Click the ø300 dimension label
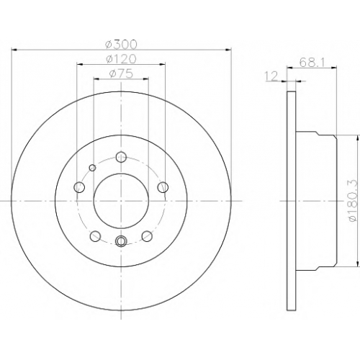pyautogui.click(x=121, y=45)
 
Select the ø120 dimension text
pyautogui.click(x=121, y=59)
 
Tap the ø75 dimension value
pyautogui.click(x=121, y=73)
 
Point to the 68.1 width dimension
pyautogui.click(x=312, y=63)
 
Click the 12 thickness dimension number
pyautogui.click(x=271, y=76)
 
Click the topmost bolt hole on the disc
pyautogui.click(x=121, y=157)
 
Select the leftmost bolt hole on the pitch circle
pyautogui.click(x=79, y=187)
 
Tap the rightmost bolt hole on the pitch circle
pyautogui.click(x=163, y=187)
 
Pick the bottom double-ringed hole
pyautogui.click(x=121, y=240)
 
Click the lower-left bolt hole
pyautogui.click(x=95, y=236)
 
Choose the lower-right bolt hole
pyautogui.click(x=147, y=236)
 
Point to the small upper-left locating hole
pyautogui.click(x=92, y=168)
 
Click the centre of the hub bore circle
pyautogui.click(x=121, y=201)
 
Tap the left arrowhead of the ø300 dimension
pyautogui.click(x=14, y=50)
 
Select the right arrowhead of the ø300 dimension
pyautogui.click(x=228, y=50)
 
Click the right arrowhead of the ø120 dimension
pyautogui.click(x=163, y=64)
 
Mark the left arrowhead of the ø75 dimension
pyautogui.click(x=96, y=78)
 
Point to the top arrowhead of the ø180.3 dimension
pyautogui.click(x=358, y=138)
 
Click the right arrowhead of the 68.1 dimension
pyautogui.click(x=334, y=68)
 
